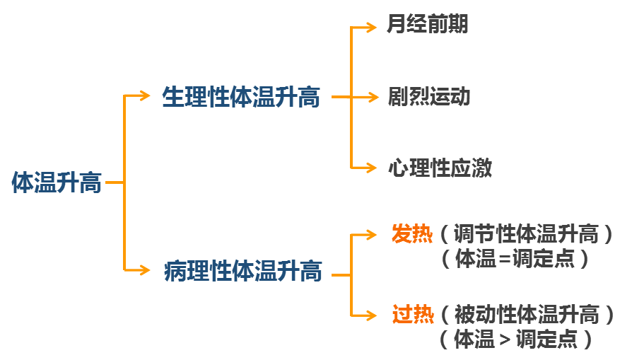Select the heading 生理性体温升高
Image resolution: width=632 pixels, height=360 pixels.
(x=241, y=97)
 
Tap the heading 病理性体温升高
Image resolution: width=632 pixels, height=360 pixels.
(x=242, y=271)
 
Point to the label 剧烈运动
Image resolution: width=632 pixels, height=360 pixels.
(x=428, y=96)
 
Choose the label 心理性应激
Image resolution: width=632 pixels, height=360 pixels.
(x=439, y=168)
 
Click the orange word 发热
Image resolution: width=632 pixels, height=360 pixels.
(x=411, y=233)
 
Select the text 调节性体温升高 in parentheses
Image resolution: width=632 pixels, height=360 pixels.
(x=526, y=233)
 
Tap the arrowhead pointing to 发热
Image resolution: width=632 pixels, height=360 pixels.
(x=373, y=234)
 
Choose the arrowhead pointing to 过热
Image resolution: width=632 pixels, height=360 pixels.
(x=373, y=314)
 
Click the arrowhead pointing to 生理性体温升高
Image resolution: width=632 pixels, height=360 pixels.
(x=144, y=97)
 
